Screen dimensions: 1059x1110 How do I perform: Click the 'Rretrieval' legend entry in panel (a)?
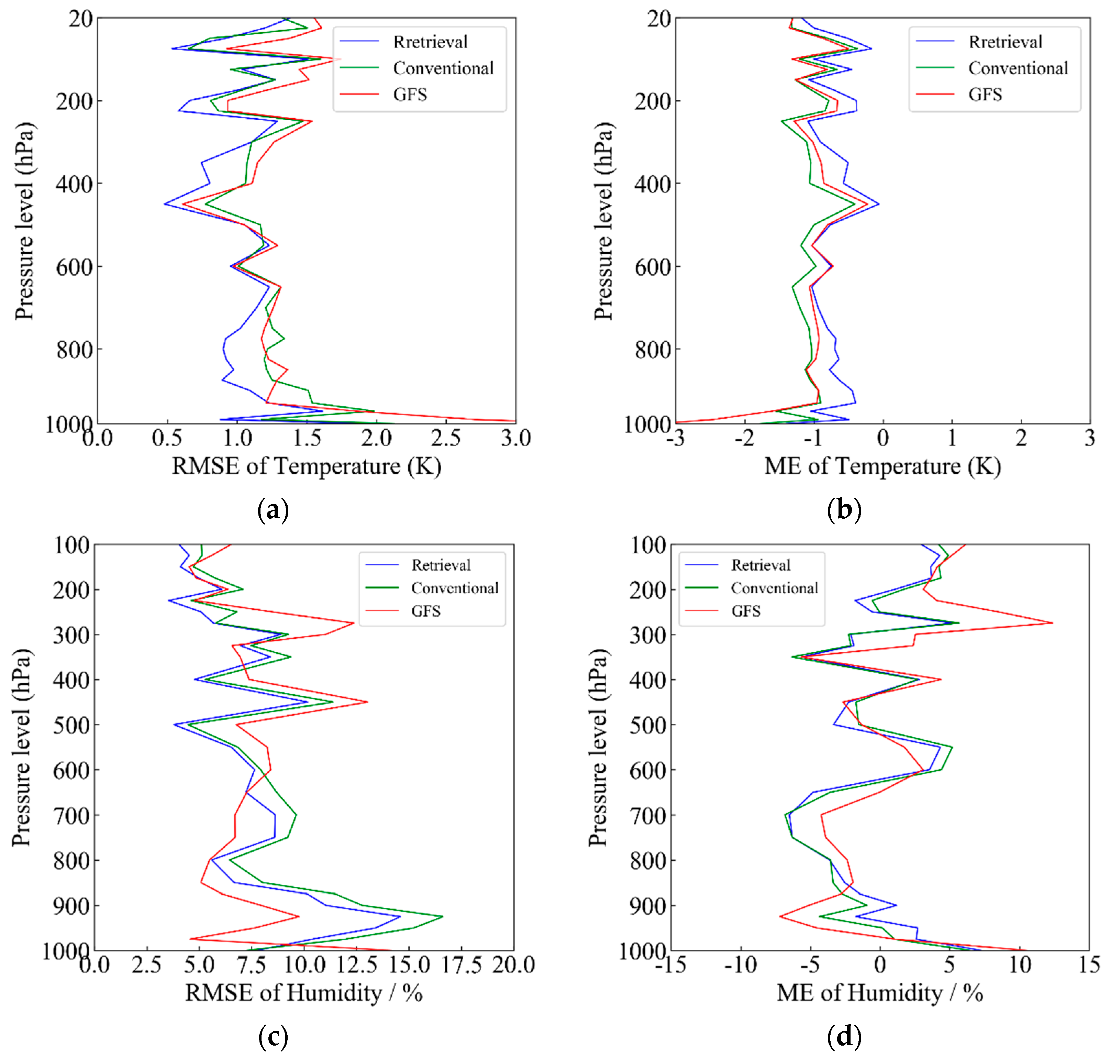point(430,42)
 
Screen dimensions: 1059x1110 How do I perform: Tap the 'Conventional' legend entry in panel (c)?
point(454,588)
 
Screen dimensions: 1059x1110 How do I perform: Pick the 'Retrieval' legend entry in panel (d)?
point(760,565)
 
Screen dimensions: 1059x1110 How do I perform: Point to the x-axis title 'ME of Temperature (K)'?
point(882,466)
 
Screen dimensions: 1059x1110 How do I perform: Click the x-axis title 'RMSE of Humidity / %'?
point(303,992)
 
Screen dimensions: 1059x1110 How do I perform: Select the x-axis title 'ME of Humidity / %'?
point(879,992)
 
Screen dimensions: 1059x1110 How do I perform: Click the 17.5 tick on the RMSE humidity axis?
point(461,965)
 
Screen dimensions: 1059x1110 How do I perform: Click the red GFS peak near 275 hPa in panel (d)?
point(1052,622)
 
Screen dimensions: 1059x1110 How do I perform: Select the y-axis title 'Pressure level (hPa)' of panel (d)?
point(598,747)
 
